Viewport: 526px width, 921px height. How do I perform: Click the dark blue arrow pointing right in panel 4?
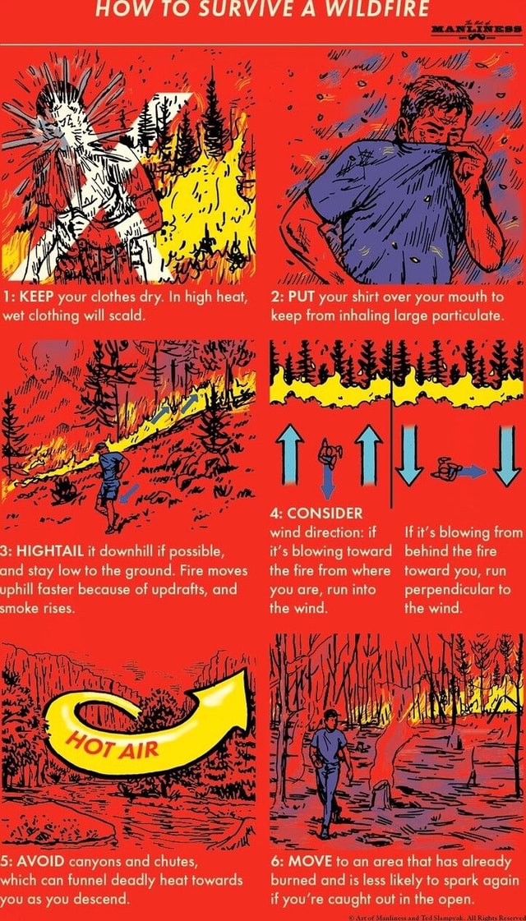473,471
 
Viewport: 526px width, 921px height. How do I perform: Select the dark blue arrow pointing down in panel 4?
327,480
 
